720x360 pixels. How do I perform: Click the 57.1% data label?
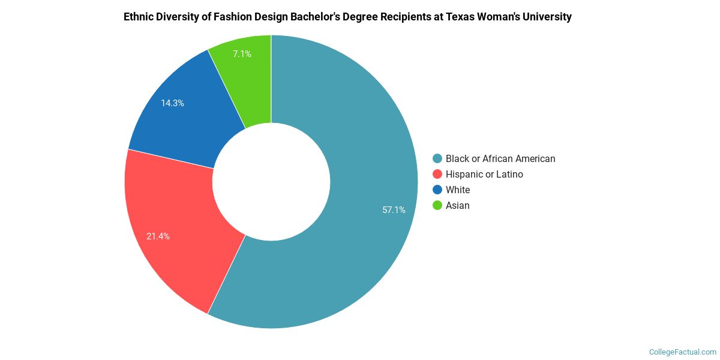(x=394, y=210)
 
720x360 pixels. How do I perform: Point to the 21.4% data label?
(x=158, y=236)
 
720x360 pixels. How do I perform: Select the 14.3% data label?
(x=172, y=103)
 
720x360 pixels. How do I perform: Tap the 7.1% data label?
(x=242, y=54)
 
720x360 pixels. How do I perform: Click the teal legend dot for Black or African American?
(x=437, y=159)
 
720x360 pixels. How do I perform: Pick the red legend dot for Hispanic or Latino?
(x=437, y=175)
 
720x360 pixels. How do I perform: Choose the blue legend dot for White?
(x=437, y=190)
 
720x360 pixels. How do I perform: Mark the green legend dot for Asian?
(x=437, y=206)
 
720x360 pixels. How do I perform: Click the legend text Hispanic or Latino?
(x=484, y=175)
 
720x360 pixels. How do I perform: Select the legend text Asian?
(x=458, y=206)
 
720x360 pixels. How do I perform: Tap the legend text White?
(x=458, y=190)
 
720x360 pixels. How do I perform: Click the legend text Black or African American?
(x=500, y=159)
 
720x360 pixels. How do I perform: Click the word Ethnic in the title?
(x=139, y=17)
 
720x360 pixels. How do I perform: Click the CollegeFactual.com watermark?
(x=683, y=352)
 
